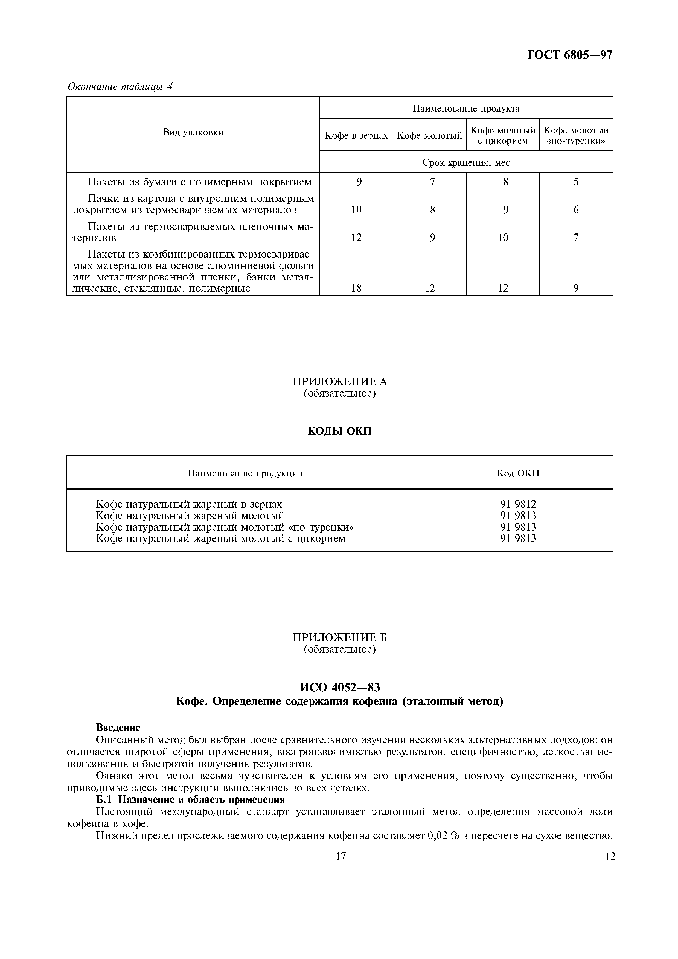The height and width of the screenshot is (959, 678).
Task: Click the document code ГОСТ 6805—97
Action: point(569,55)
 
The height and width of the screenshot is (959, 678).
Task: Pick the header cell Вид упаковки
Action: point(193,132)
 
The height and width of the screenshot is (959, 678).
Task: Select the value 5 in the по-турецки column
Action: point(576,182)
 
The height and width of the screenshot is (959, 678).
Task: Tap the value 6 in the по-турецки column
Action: point(576,210)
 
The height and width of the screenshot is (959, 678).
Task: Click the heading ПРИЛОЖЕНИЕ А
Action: point(340,381)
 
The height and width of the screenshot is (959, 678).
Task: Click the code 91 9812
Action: point(518,504)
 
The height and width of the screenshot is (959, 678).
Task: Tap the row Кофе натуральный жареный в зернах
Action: point(189,504)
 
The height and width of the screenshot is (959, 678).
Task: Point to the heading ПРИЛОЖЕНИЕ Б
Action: point(340,638)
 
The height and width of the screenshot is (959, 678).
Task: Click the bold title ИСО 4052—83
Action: point(340,687)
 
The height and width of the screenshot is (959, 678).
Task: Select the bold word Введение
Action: point(118,728)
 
